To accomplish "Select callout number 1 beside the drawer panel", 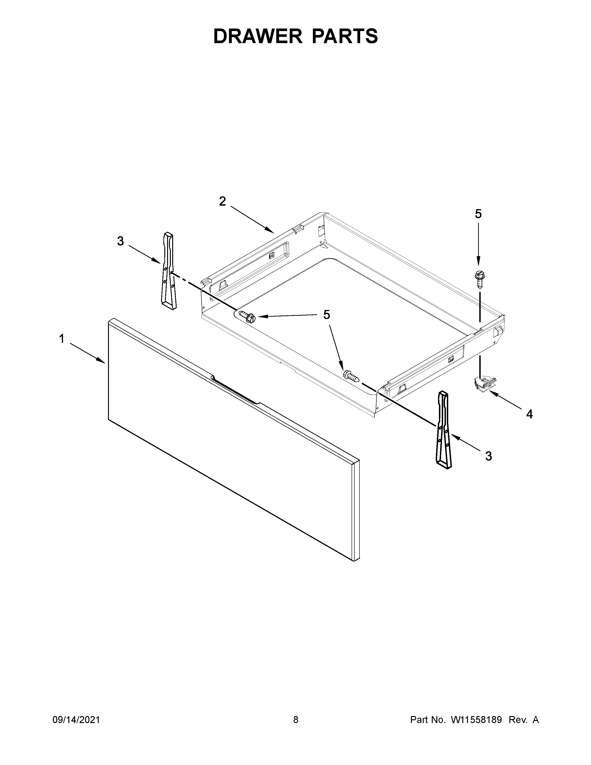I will click(x=62, y=339).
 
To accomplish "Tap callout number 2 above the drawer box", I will click(x=222, y=201).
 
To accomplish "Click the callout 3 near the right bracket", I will click(x=488, y=456).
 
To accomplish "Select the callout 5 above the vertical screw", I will click(x=478, y=214).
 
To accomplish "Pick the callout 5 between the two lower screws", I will click(x=326, y=315).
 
